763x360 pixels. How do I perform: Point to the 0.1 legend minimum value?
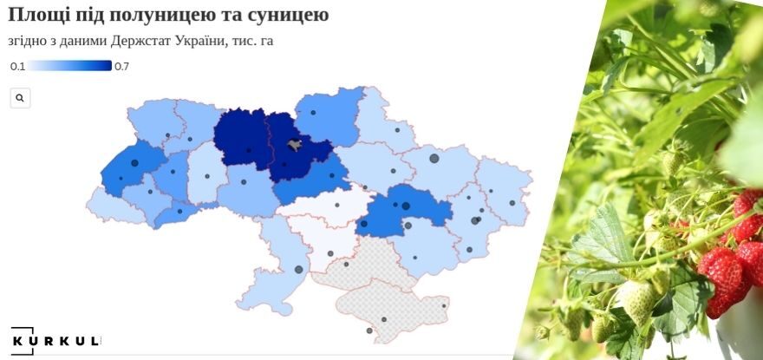click(x=17, y=66)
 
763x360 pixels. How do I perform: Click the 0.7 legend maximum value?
click(x=121, y=66)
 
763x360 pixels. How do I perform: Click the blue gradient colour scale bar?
click(x=69, y=66)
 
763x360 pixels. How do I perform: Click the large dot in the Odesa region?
click(x=299, y=269)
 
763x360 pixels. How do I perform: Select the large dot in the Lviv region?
click(x=134, y=163)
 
